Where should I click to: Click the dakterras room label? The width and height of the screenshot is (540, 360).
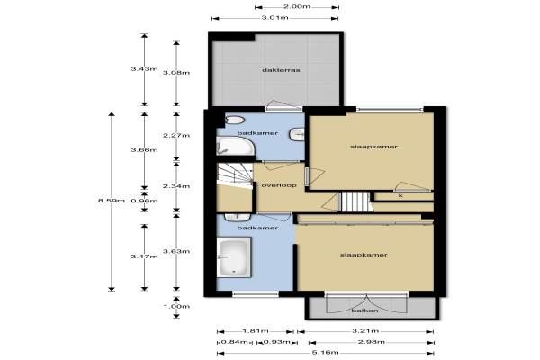281,70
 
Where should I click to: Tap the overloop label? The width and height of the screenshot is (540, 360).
279,185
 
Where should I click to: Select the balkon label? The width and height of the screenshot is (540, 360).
364,310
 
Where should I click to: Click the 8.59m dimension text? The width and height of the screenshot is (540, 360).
112,201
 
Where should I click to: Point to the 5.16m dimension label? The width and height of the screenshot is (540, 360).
326,353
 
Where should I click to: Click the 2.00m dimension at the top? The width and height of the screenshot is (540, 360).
297,6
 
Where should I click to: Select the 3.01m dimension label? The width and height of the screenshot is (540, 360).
274,18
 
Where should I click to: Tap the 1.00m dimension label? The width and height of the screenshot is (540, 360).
176,306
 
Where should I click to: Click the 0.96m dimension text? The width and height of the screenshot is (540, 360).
144,201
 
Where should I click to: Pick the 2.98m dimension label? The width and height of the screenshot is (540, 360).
372,342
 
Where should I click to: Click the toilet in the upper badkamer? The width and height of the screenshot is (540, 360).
235,120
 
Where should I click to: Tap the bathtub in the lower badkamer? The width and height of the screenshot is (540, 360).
234,257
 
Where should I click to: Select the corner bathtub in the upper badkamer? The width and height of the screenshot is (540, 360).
236,146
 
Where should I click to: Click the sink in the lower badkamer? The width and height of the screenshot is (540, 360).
238,218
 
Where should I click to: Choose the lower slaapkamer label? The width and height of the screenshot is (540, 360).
364,255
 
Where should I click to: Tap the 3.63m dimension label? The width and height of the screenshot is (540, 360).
176,251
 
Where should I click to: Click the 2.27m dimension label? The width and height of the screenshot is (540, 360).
176,135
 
